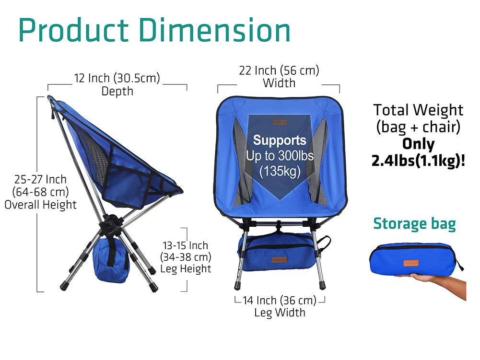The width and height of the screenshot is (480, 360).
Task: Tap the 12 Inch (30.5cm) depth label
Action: [x=117, y=78]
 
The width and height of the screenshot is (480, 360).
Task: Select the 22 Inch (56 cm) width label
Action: [x=279, y=70]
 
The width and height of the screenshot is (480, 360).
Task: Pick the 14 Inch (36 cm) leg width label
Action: [x=280, y=301]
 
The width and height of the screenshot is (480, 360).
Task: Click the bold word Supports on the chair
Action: [x=280, y=140]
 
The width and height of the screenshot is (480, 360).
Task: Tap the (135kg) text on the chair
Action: [x=280, y=171]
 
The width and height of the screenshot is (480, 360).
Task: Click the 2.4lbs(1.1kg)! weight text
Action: [x=419, y=161]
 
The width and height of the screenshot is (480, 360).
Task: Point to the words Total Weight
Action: [x=419, y=110]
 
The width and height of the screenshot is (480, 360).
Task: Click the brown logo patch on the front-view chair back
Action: [x=280, y=122]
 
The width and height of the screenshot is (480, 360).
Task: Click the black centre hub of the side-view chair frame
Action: [x=112, y=223]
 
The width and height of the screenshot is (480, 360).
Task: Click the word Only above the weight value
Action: [x=419, y=144]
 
